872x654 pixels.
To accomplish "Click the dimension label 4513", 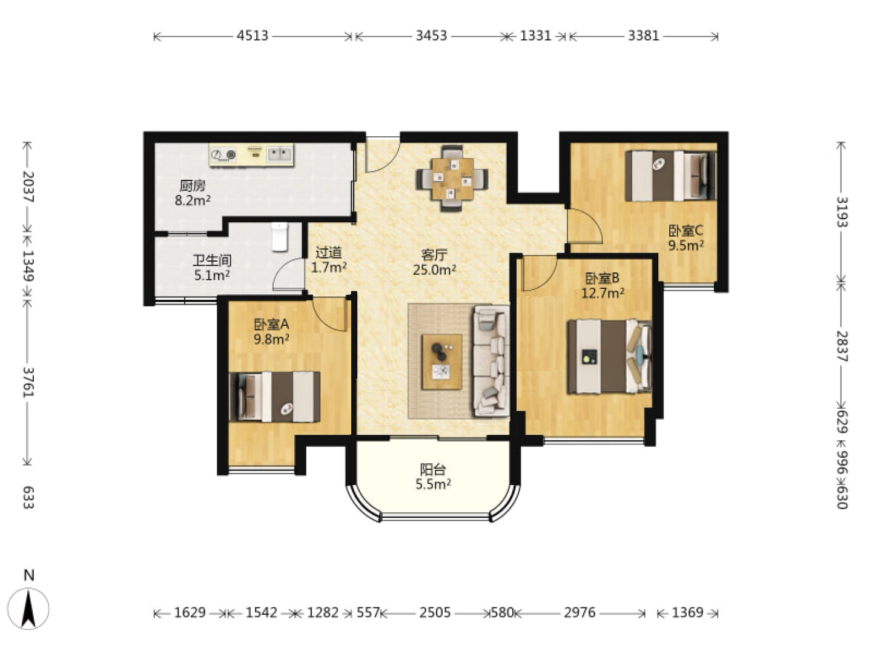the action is (253, 36).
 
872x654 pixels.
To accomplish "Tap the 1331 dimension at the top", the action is (535, 36).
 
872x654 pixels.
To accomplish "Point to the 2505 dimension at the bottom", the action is (435, 612).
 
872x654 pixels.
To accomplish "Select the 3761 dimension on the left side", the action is (28, 382).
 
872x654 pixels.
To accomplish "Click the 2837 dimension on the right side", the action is (842, 346).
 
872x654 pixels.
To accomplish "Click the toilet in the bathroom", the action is (279, 237).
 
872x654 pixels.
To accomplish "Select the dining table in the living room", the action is (452, 179).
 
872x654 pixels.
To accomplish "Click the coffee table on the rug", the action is (442, 362).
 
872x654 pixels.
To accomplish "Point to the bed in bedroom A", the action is (275, 396).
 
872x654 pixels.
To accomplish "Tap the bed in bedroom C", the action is (670, 176).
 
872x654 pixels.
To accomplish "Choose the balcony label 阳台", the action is (433, 470).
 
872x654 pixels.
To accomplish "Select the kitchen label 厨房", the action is (193, 186).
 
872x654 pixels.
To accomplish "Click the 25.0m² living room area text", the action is (434, 270).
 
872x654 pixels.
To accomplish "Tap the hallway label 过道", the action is (329, 253).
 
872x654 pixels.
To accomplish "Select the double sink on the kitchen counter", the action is (280, 153).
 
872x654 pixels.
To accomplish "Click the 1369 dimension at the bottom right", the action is (688, 612).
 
